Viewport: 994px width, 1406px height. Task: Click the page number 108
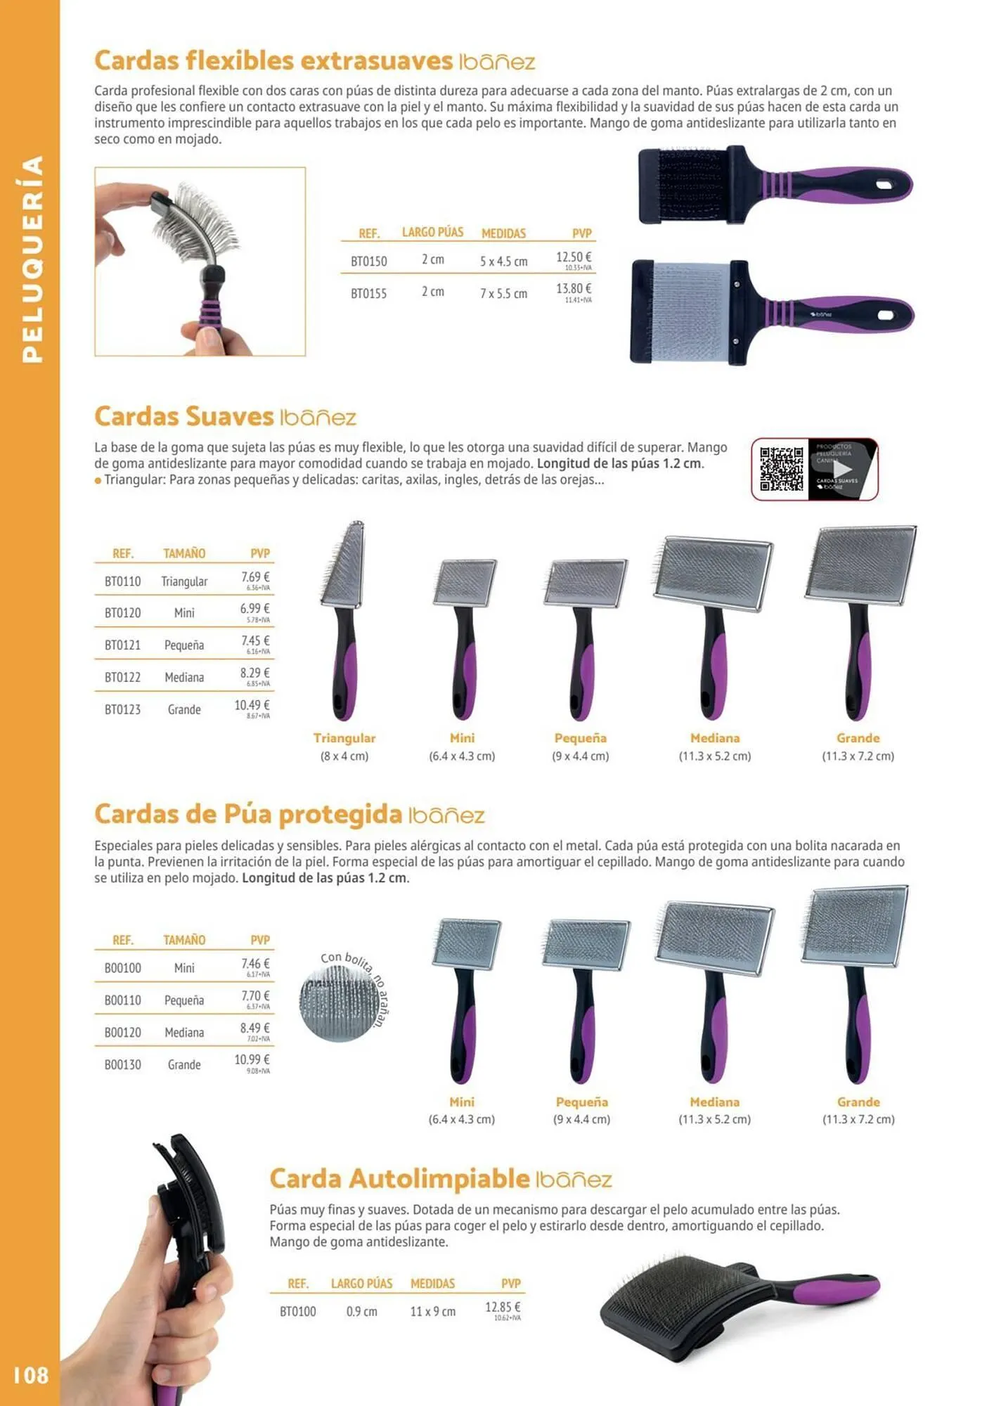[31, 1374]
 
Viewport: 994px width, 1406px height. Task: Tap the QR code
[781, 469]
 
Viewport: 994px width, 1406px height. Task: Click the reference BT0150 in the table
[368, 262]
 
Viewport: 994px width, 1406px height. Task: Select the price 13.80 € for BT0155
[574, 289]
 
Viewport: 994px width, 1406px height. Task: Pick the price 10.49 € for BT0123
[252, 705]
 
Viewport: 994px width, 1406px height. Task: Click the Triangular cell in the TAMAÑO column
[184, 581]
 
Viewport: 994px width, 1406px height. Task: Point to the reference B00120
[122, 1032]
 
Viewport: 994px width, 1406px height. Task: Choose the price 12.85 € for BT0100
[503, 1307]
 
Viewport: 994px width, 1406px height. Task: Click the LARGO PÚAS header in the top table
[432, 232]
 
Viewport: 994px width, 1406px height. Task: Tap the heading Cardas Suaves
[183, 416]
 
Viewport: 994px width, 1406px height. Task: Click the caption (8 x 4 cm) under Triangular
[344, 756]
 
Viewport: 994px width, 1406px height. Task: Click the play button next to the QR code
[842, 469]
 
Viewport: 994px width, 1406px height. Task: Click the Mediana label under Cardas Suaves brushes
[714, 738]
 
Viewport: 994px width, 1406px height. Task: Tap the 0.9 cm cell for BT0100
[361, 1312]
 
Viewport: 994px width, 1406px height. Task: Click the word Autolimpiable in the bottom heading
[439, 1178]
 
